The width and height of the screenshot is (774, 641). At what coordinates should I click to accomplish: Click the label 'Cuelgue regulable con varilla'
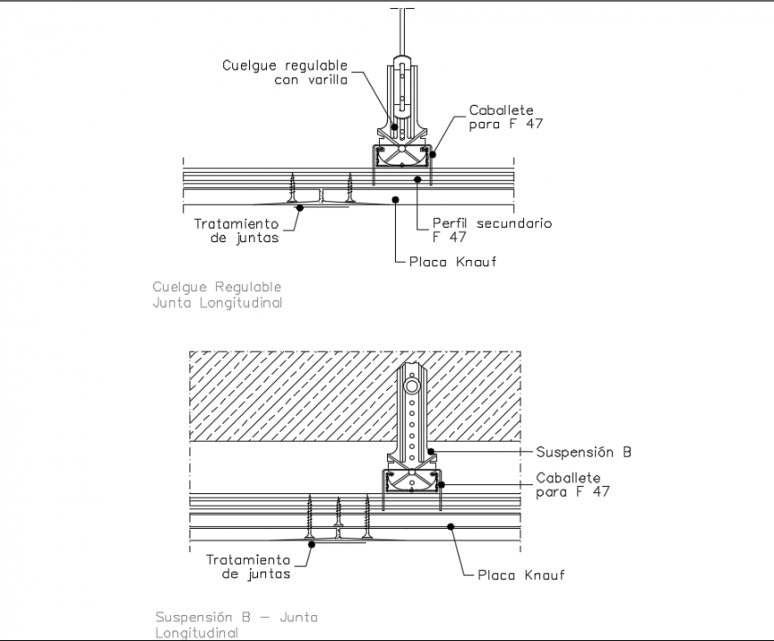pos(285,72)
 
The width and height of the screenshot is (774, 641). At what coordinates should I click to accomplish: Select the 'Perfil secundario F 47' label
pos(491,230)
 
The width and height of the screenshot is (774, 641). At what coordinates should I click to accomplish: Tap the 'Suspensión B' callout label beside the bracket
pos(584,452)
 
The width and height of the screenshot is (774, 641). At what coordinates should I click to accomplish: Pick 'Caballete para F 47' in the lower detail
pos(573,485)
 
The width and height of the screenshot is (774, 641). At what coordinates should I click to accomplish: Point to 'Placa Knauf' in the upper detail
pos(451,262)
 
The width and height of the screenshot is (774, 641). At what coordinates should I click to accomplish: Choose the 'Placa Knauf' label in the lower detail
pos(520,575)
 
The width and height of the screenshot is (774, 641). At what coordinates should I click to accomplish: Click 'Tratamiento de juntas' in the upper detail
pos(237,231)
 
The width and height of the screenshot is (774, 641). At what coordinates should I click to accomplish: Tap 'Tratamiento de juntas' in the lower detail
pos(248,567)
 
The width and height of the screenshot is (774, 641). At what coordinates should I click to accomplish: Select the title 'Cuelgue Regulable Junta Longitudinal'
pos(217,295)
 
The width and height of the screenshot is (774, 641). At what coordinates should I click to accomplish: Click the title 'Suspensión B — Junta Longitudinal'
pos(236,625)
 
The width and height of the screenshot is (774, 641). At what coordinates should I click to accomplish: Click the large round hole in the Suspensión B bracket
pos(411,388)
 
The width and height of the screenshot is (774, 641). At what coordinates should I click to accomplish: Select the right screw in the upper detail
pos(351,189)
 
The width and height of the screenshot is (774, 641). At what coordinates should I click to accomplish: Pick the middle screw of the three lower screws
pos(338,520)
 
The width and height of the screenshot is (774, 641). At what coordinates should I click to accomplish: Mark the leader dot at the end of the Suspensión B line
pos(431,452)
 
